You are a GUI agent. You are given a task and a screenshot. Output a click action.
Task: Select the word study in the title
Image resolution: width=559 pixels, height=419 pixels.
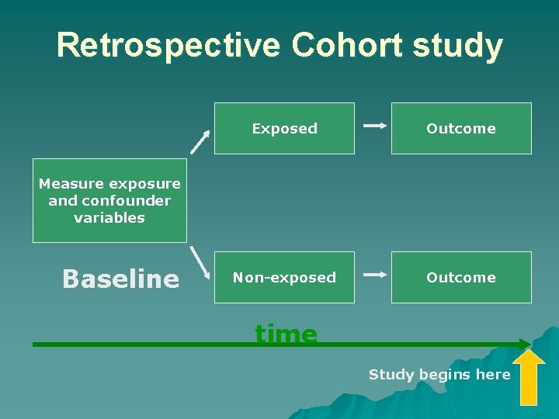[457, 47]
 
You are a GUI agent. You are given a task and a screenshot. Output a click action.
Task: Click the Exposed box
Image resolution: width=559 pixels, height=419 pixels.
[284, 129]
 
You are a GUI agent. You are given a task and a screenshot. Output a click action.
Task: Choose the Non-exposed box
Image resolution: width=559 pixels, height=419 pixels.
[284, 277]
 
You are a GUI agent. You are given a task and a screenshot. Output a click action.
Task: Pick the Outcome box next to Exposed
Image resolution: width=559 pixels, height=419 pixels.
[460, 129]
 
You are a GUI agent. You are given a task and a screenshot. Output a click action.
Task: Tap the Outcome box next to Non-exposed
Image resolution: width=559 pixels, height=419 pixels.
[460, 277]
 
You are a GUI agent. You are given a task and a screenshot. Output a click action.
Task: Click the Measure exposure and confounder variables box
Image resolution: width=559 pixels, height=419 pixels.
[109, 201]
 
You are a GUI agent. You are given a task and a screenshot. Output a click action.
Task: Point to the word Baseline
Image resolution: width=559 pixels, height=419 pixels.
[120, 279]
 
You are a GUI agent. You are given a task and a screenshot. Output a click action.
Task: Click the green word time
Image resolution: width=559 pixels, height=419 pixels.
[286, 334]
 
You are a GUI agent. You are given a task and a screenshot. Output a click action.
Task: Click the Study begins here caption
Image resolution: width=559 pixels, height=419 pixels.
[439, 375]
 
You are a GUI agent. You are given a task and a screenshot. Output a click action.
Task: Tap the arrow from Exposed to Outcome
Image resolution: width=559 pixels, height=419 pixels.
[374, 125]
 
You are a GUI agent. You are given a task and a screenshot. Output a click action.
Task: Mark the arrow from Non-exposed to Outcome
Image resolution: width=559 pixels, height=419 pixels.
[374, 274]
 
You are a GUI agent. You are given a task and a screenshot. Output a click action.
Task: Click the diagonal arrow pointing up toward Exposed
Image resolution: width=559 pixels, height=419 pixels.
[201, 141]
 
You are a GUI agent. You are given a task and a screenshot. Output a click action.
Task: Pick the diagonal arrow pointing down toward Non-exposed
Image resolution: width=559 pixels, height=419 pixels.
[201, 262]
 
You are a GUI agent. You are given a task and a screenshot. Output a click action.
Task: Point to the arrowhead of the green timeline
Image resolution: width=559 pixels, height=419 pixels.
[526, 343]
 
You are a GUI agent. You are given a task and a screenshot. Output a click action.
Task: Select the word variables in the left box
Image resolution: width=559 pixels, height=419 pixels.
[109, 218]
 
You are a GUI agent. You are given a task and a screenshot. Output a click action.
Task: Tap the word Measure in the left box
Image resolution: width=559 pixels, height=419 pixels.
[71, 184]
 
